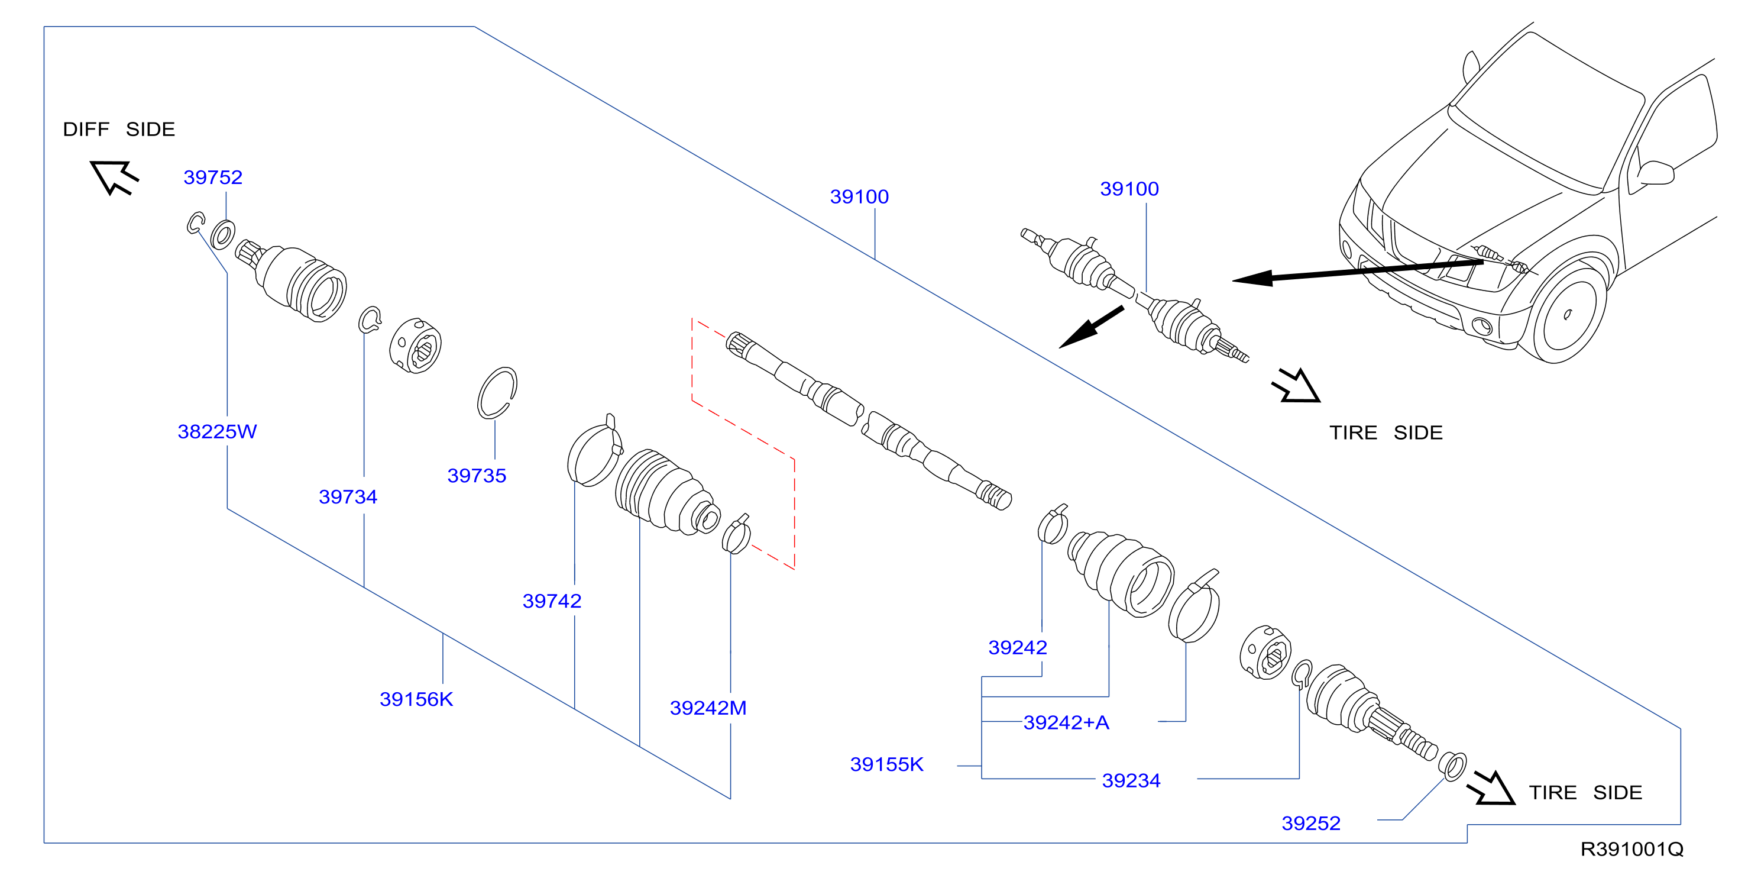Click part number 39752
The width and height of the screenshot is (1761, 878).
[213, 177]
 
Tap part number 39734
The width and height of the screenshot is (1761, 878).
[348, 496]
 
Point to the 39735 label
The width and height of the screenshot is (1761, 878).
[477, 475]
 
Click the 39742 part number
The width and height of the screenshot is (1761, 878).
[552, 601]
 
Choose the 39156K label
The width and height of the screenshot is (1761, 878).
[416, 699]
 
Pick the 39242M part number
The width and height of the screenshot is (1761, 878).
[708, 708]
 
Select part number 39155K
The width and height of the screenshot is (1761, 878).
[886, 764]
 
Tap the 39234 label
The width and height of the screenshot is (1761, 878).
[1131, 780]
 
